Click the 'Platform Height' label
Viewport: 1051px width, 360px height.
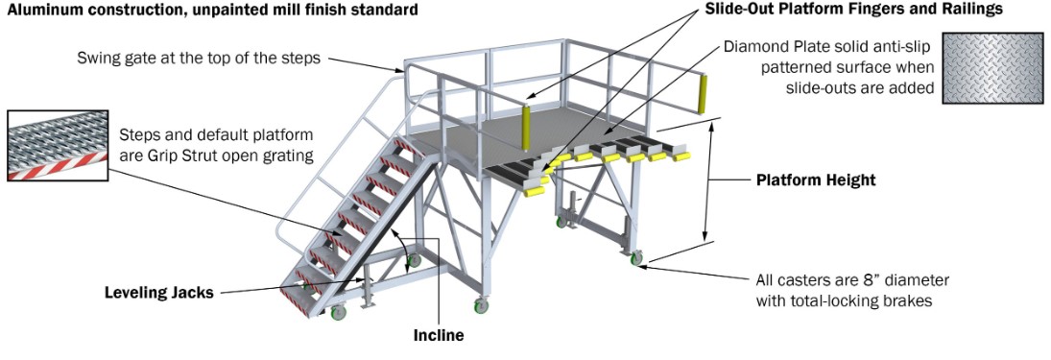[816, 180]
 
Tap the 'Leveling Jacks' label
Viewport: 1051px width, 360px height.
[159, 292]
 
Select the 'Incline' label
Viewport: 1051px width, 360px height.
[438, 335]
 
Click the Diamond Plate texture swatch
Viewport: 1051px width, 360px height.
[992, 68]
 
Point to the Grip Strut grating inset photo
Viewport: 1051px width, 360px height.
[58, 146]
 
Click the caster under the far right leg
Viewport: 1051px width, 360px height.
[635, 257]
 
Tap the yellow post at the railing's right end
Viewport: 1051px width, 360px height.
[703, 93]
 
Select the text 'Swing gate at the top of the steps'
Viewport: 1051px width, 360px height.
[199, 58]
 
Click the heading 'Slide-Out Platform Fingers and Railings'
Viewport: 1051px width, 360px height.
[854, 10]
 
